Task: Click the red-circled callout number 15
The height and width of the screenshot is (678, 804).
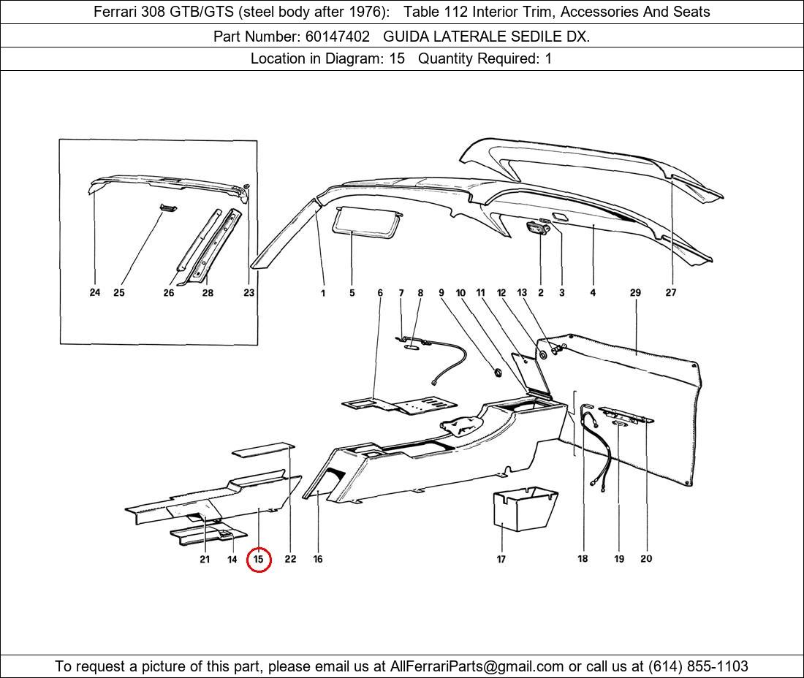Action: pos(259,560)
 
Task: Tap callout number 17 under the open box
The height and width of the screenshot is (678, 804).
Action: pos(501,559)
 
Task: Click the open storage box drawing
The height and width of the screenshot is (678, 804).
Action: pos(524,510)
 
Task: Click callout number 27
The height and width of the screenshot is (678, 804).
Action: pos(671,292)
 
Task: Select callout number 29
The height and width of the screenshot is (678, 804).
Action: pos(635,292)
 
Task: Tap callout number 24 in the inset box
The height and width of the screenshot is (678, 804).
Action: pos(95,292)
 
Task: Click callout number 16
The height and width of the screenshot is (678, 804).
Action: pos(318,559)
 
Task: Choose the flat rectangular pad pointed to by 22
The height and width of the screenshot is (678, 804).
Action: pos(262,448)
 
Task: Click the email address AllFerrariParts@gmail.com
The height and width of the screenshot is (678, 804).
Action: pos(477,666)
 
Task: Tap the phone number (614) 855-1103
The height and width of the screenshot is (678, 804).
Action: pos(698,666)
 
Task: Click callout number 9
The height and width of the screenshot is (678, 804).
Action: pos(441,292)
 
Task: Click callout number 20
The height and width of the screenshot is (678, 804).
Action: pos(646,559)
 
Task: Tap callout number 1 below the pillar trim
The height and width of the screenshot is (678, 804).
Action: pos(322,292)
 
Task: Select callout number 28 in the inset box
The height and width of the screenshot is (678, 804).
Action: pos(208,292)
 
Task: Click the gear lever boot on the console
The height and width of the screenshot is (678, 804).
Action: pos(462,425)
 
